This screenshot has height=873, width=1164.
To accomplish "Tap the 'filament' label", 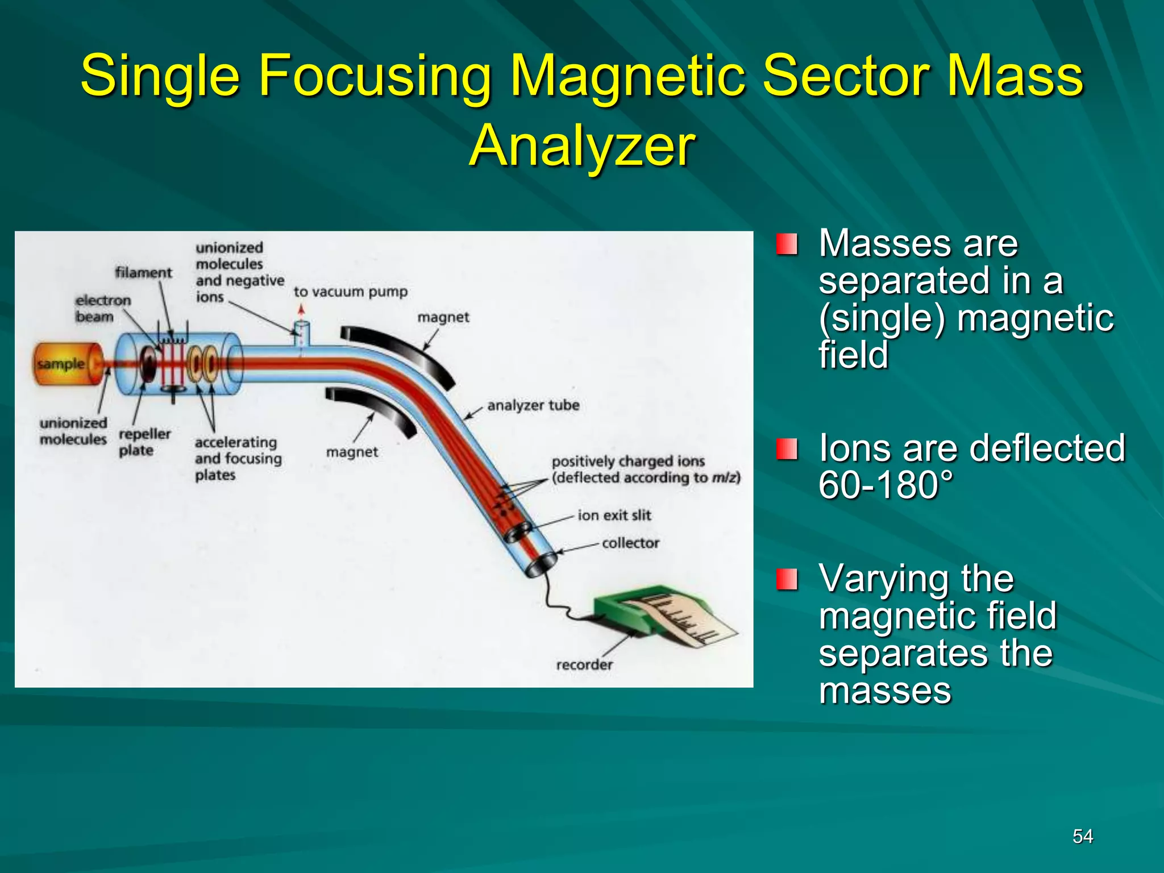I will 143,273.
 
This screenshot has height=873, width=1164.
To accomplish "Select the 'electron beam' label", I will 102,308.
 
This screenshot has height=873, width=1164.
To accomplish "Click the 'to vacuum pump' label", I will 351,292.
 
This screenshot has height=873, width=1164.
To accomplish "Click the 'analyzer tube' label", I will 533,405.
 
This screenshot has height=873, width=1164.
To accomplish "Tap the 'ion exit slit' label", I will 614,516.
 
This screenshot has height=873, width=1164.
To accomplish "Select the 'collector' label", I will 630,543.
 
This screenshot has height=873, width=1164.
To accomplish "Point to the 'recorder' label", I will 584,664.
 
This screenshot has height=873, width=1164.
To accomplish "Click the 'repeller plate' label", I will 144,442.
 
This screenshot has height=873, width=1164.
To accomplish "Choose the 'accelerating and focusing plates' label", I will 238,459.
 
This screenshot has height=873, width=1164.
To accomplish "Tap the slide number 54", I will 1082,836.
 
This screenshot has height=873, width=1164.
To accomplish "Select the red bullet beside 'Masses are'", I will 787,244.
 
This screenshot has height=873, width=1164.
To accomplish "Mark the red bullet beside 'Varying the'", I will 787,579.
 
